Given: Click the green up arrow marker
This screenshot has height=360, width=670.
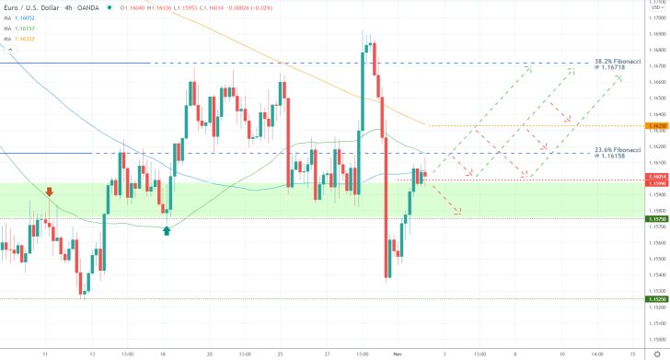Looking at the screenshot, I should (166, 230).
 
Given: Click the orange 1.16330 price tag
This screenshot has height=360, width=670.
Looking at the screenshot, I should (656, 126).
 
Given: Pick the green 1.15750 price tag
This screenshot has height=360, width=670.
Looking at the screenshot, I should (656, 218).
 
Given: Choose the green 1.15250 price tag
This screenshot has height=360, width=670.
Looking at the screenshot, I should (656, 299).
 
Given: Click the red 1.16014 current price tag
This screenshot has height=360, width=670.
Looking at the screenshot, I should (656, 176).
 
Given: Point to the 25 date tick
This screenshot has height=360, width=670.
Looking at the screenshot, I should (279, 352).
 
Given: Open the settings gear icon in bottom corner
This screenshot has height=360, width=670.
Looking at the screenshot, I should (655, 353).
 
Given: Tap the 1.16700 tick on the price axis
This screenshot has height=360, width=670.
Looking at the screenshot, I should (656, 65).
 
